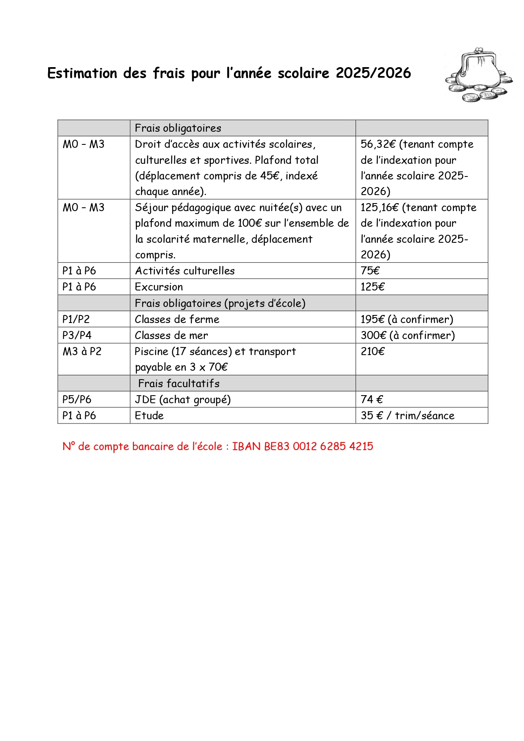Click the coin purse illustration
(x=478, y=75)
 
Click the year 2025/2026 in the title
(x=373, y=73)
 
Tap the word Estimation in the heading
(x=82, y=73)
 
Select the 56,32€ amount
(x=378, y=144)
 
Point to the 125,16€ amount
(x=380, y=208)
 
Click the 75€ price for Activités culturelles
(x=370, y=271)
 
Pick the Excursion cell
(x=159, y=287)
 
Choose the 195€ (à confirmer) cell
(x=407, y=319)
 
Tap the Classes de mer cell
(x=171, y=335)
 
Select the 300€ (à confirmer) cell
(x=407, y=335)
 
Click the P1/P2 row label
(x=76, y=319)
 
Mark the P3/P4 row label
(x=77, y=335)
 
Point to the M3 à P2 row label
(x=82, y=351)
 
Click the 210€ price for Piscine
(x=372, y=351)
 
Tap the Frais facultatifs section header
(x=179, y=383)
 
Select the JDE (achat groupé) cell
(x=182, y=399)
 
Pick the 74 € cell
(x=372, y=399)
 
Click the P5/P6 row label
(x=77, y=399)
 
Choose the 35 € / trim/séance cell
(x=407, y=415)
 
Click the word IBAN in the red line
(x=246, y=446)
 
